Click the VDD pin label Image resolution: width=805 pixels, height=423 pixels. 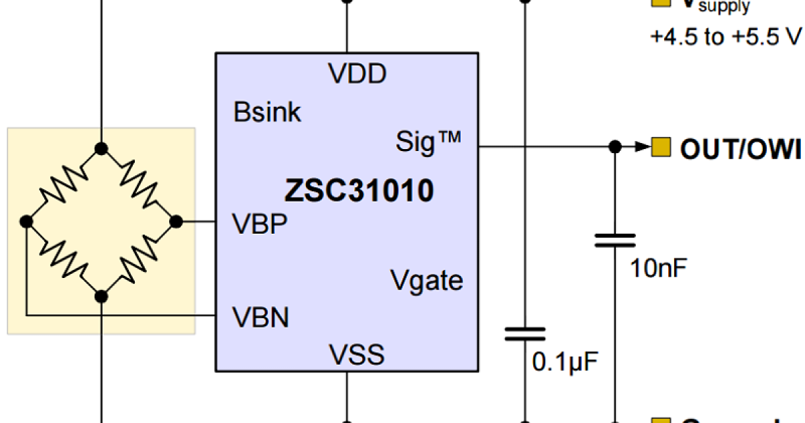click(x=357, y=73)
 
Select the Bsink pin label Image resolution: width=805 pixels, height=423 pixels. click(x=268, y=112)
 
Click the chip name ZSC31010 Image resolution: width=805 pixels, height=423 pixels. click(x=359, y=191)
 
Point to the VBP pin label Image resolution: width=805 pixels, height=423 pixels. click(x=260, y=224)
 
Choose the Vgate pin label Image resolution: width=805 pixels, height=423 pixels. click(x=427, y=279)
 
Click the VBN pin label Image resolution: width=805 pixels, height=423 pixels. click(x=260, y=317)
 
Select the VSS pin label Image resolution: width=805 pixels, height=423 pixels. click(x=356, y=354)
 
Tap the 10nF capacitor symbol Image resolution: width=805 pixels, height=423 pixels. click(x=614, y=240)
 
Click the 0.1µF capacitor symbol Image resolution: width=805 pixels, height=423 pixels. click(x=525, y=334)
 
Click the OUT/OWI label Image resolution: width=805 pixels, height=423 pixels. click(x=741, y=149)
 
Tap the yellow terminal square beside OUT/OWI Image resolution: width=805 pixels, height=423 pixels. click(x=661, y=146)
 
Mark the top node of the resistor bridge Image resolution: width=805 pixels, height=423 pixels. click(x=101, y=148)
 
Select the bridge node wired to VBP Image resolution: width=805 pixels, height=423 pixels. click(x=176, y=221)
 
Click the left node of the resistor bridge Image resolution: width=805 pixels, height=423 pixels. click(x=26, y=221)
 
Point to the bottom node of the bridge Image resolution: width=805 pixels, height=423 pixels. click(x=101, y=295)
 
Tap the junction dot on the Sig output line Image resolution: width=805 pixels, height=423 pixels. click(x=614, y=146)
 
